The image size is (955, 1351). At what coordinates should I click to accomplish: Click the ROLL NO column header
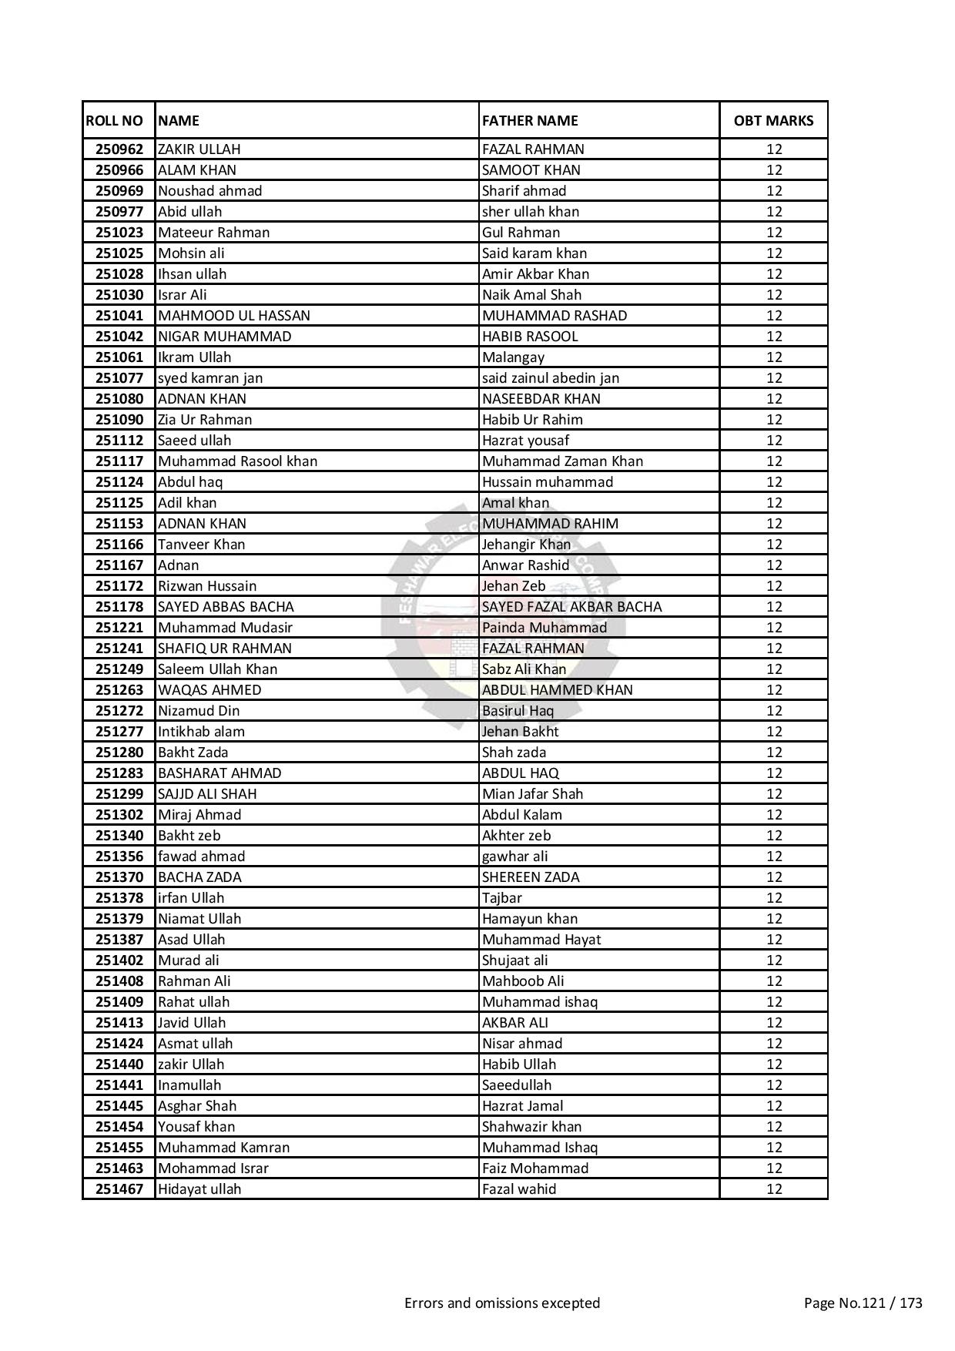114,120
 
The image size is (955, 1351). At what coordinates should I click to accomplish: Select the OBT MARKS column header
773,120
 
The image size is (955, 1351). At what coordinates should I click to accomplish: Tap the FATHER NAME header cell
530,120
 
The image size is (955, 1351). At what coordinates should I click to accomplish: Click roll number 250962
119,149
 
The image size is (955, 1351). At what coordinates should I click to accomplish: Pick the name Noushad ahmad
209,191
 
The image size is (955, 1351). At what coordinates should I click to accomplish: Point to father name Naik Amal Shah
531,295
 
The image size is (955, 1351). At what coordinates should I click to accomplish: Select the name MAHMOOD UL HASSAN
233,316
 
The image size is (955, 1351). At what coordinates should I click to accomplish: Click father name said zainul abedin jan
550,378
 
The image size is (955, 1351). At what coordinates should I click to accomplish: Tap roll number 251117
119,461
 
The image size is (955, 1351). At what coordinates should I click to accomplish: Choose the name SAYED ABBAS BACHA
226,607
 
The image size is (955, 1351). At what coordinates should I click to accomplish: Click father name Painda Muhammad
544,628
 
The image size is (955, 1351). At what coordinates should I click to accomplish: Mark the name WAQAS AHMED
209,690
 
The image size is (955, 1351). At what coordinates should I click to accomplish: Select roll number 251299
119,794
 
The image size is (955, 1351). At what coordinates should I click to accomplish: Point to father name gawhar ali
514,857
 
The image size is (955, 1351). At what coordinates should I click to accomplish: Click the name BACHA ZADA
199,877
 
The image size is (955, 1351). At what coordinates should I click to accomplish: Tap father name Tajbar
501,898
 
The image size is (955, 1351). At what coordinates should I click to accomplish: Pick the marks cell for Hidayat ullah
773,1189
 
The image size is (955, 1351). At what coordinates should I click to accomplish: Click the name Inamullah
189,1085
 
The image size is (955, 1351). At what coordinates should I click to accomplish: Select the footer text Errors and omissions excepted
502,1303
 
